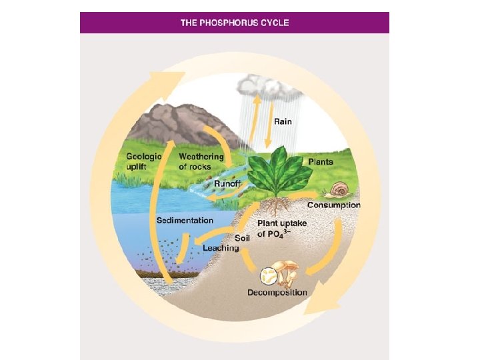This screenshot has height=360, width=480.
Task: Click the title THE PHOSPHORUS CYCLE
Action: tap(234, 23)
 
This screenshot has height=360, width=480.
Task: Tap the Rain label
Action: tap(283, 122)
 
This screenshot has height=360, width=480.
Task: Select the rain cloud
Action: tap(263, 85)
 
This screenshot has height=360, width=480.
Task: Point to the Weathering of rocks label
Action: tap(201, 161)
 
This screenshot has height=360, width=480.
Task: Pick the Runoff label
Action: tap(227, 184)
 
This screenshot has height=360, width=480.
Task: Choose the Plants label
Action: tap(320, 161)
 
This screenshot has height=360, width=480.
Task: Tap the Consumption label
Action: tap(333, 205)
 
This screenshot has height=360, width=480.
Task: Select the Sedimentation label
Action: tap(185, 220)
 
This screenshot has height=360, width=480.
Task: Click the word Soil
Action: tap(242, 237)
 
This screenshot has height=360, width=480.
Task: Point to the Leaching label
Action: tap(220, 248)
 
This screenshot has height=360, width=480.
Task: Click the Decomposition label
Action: tap(277, 293)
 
